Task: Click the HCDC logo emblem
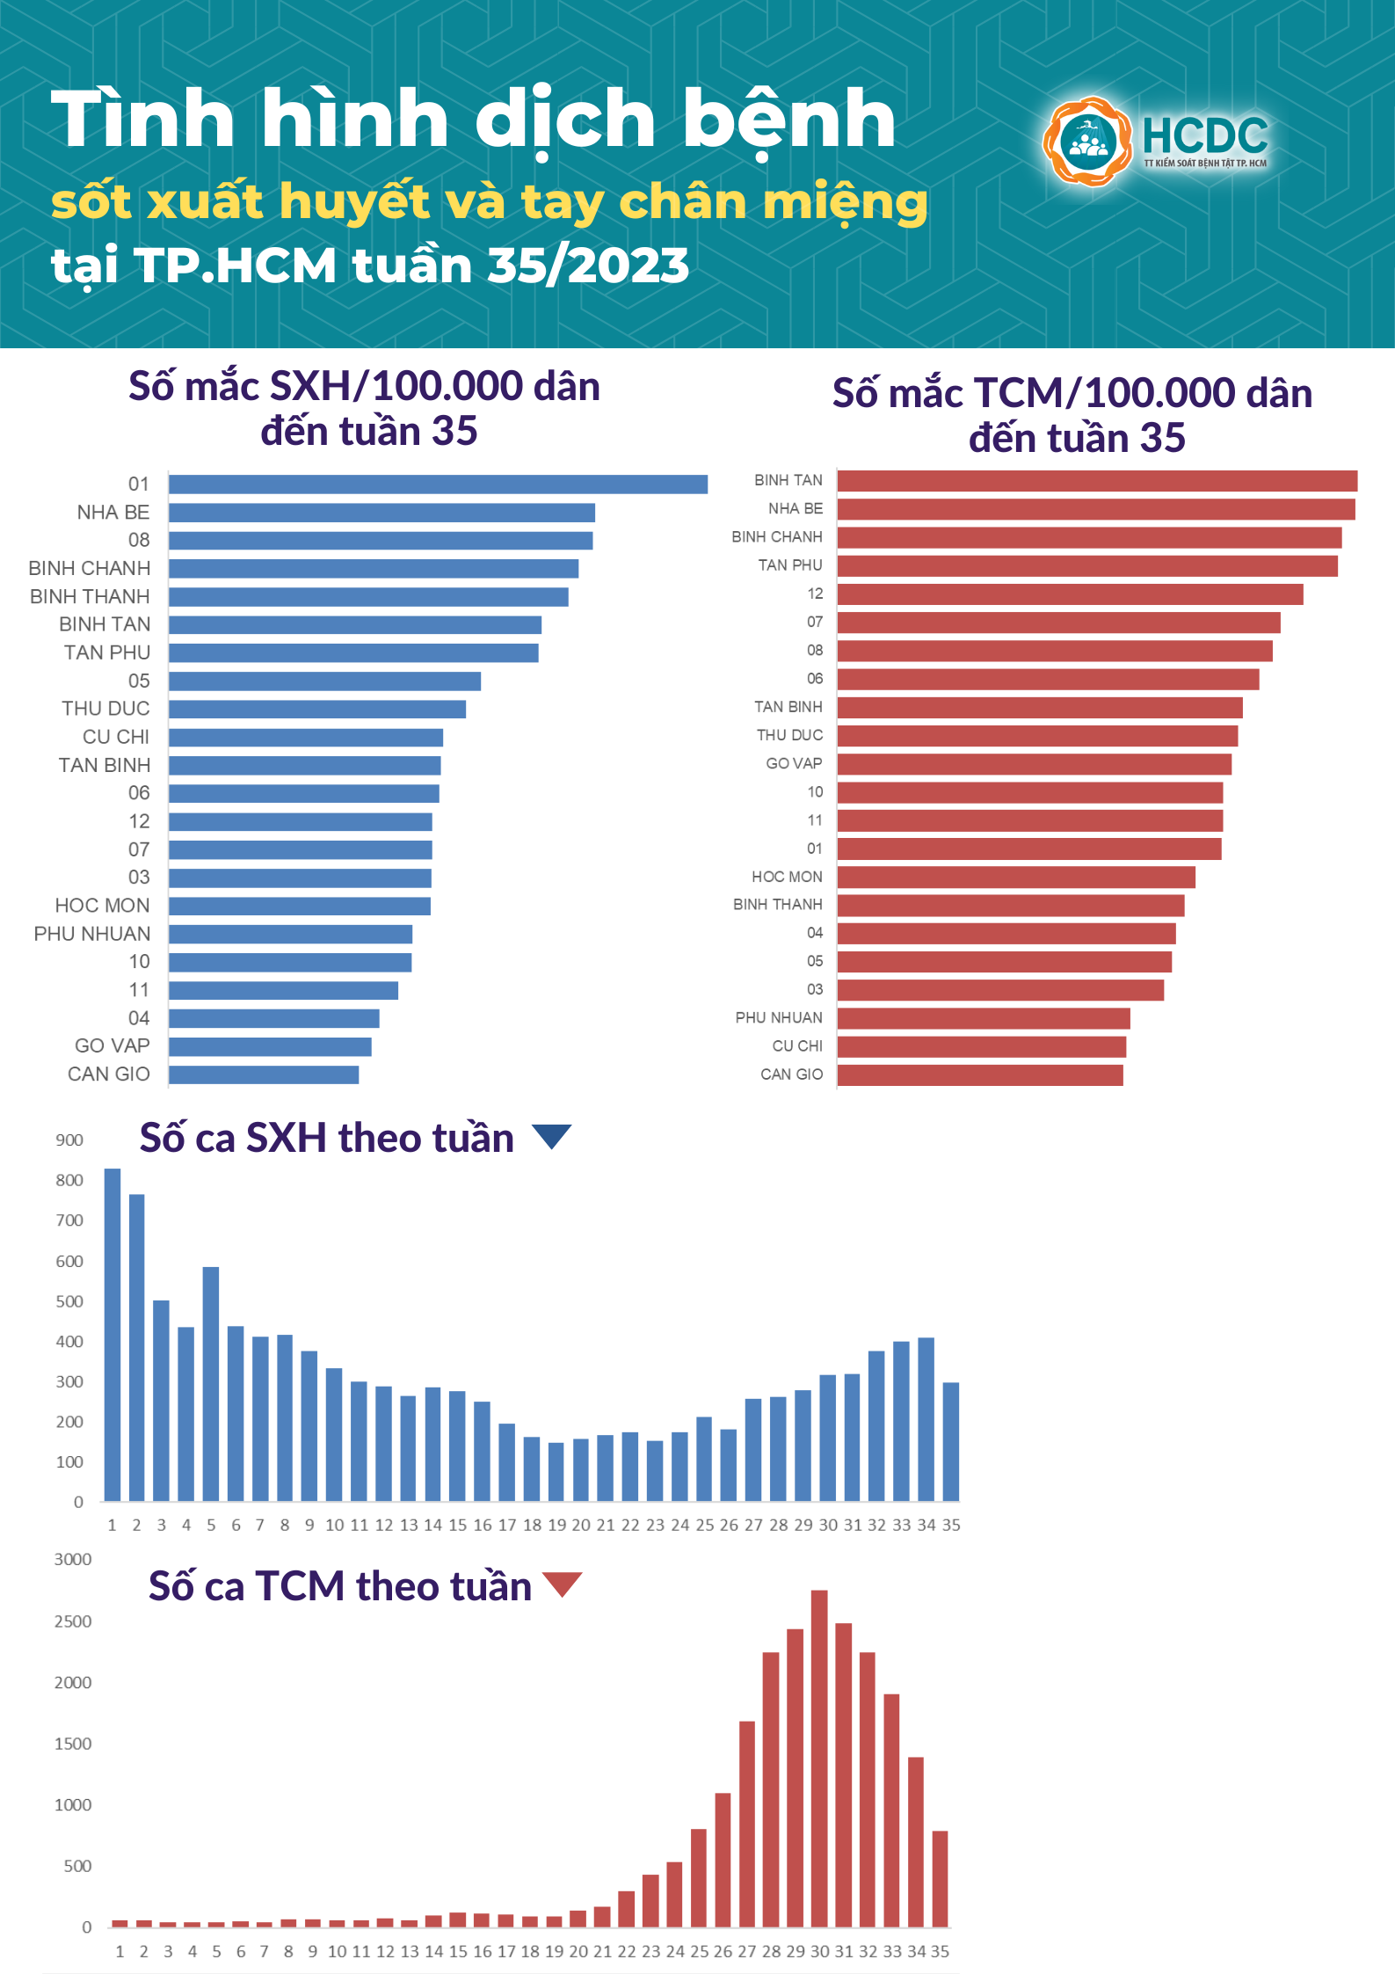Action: pyautogui.click(x=1087, y=142)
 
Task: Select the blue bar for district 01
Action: pyautogui.click(x=438, y=484)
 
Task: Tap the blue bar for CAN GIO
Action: pyautogui.click(x=264, y=1074)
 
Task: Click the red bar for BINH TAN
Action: pyautogui.click(x=1096, y=481)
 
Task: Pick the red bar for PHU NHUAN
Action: pyautogui.click(x=983, y=1018)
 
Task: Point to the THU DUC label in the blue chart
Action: pyautogui.click(x=105, y=709)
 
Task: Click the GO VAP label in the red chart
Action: pyautogui.click(x=794, y=763)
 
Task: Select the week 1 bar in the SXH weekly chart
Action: pyautogui.click(x=113, y=1334)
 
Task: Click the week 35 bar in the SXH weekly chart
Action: pyautogui.click(x=951, y=1441)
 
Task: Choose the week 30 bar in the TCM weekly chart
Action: pyautogui.click(x=819, y=1759)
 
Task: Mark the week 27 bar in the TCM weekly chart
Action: pyautogui.click(x=747, y=1824)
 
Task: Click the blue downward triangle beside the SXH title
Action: pyautogui.click(x=552, y=1136)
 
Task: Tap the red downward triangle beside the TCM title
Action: pyautogui.click(x=563, y=1584)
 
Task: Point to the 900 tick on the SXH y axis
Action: pyautogui.click(x=69, y=1140)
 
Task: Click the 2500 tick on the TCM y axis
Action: pyautogui.click(x=72, y=1621)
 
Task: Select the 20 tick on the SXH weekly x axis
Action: pyautogui.click(x=581, y=1525)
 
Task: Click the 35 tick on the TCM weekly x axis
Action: pyautogui.click(x=940, y=1951)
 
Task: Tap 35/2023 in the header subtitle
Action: pyautogui.click(x=588, y=266)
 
